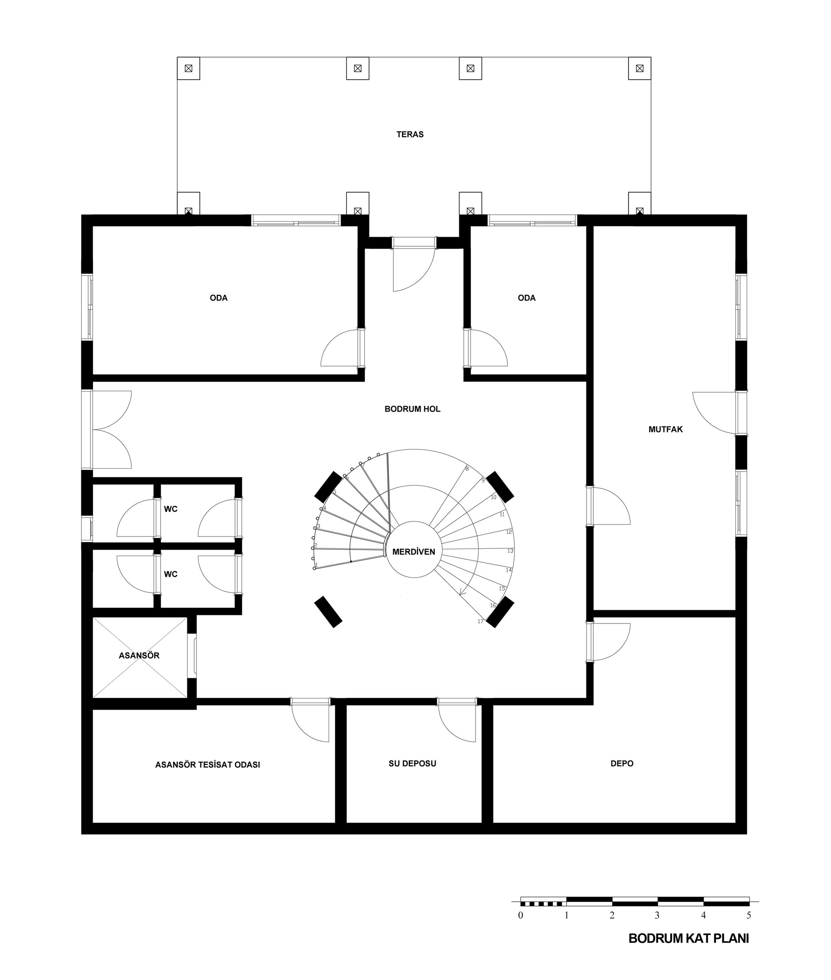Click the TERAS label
[x=410, y=134]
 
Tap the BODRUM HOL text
[x=412, y=409]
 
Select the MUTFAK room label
[x=665, y=429]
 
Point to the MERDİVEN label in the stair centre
[x=413, y=551]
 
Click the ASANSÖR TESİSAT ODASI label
[x=208, y=764]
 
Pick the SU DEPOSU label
[x=412, y=764]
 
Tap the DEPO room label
[x=622, y=764]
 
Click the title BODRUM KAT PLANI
[x=689, y=938]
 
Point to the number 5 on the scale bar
[x=749, y=916]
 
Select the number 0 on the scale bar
[x=521, y=916]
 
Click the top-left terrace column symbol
[x=189, y=68]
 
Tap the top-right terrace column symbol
[x=640, y=68]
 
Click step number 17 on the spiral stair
[x=480, y=621]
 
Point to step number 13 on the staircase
[x=510, y=550]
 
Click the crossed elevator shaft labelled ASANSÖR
[x=140, y=657]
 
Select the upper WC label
[x=170, y=509]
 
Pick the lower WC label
[x=170, y=574]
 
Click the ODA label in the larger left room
[x=219, y=297]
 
